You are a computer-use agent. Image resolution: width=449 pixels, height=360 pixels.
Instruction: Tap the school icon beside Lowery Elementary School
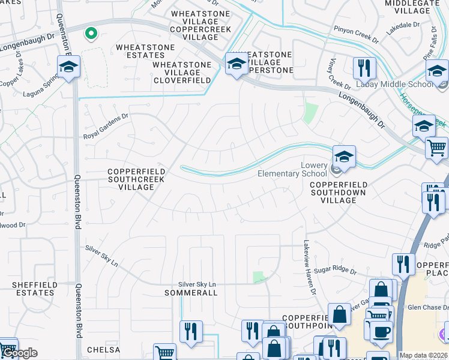tap(344, 157)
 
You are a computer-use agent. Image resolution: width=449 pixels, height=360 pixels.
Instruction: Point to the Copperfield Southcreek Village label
tap(136, 179)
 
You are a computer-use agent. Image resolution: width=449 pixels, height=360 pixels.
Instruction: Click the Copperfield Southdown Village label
tap(338, 193)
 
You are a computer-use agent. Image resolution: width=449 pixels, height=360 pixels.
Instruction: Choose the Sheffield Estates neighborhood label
tap(35, 289)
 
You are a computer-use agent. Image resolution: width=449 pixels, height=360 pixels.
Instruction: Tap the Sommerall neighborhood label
tap(191, 293)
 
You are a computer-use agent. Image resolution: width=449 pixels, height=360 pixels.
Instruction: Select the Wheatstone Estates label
tap(145, 51)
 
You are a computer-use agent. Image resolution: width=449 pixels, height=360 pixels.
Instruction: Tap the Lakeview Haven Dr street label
tap(308, 267)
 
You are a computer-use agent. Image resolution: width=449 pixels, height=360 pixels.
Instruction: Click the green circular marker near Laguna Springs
tap(91, 34)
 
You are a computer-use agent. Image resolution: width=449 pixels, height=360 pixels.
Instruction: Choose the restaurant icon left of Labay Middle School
tap(364, 69)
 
